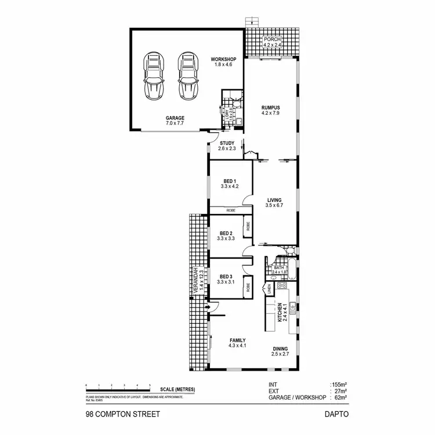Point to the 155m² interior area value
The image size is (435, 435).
[x=339, y=385]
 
